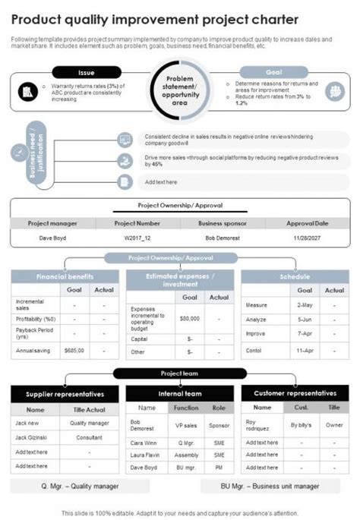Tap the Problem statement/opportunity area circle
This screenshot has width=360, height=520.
coord(181,90)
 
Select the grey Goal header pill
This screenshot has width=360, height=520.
coord(274,72)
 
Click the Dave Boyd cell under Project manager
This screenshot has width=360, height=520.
coord(52,238)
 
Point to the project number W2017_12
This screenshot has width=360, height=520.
coord(137,238)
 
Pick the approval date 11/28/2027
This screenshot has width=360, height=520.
coord(307,238)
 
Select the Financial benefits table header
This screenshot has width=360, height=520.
coord(65,276)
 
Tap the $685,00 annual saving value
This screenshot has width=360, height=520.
coord(74,351)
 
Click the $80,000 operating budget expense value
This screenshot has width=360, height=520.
coord(189,318)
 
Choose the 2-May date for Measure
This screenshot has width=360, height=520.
coord(305,304)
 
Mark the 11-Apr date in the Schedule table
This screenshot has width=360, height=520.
coord(305,351)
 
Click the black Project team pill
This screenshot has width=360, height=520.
coord(180,373)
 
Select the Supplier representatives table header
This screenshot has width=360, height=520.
coord(65,395)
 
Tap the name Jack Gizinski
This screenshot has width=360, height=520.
coord(31,438)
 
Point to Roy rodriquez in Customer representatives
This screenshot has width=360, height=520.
coord(260,425)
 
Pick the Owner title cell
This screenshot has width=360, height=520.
coord(334,425)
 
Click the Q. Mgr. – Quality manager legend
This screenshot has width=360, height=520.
coord(79,486)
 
